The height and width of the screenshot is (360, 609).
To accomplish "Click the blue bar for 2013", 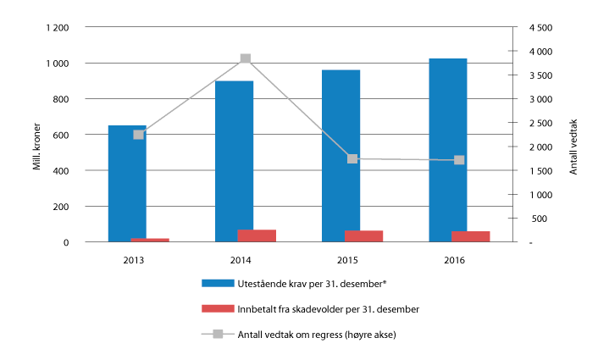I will point(126,183).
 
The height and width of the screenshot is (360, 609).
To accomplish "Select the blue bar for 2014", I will point(234,161).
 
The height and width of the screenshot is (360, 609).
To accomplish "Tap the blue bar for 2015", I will point(340,155).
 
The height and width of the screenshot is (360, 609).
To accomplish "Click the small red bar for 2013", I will point(150,240).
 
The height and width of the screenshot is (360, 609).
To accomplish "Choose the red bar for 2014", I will point(257,235).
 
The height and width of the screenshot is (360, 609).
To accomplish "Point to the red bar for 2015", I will point(364,235).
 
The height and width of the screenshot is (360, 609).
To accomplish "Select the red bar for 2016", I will point(471,236).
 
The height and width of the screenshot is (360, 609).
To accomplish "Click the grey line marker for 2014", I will point(245,58).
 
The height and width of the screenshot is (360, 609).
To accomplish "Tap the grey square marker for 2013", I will point(138,135).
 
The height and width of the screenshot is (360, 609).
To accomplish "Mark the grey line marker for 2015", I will point(352,158).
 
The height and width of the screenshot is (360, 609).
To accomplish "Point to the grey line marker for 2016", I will point(459,159).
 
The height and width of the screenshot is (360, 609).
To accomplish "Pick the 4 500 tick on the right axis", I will point(540,28).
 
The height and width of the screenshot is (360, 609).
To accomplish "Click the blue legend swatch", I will point(217,282).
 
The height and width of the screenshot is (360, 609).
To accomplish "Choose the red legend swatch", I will point(217,308).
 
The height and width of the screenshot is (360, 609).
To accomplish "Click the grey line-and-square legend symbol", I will point(217,334).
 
